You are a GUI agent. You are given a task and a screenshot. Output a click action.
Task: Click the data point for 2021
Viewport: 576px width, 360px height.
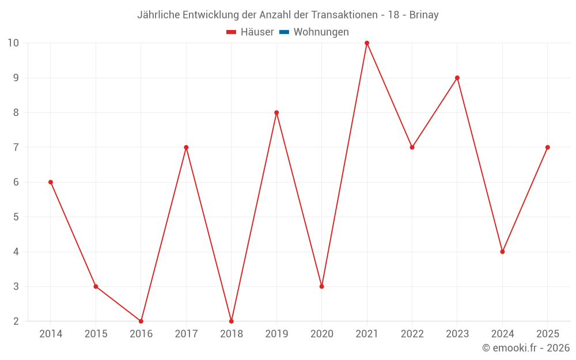367,43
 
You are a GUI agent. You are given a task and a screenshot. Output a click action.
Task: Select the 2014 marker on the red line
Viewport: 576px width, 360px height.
51,182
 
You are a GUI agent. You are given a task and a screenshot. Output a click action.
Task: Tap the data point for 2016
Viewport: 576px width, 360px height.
141,321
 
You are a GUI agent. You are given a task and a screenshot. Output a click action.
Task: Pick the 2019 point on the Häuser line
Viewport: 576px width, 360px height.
276,112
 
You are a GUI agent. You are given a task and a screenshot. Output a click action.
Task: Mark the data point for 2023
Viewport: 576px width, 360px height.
457,78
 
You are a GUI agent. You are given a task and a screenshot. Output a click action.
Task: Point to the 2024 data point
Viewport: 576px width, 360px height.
502,252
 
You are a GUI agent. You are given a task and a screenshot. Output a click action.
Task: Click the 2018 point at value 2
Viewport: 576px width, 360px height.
232,321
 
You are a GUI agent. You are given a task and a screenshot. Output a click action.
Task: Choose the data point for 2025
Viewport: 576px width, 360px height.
548,147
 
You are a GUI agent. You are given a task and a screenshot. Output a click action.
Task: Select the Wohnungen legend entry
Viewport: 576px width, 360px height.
321,32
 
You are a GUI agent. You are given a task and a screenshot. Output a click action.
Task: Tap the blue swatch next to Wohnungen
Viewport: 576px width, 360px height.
284,32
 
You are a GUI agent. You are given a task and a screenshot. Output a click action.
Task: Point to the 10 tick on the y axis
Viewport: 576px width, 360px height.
13,43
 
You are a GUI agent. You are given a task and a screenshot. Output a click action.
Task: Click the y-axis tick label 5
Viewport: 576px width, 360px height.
16,217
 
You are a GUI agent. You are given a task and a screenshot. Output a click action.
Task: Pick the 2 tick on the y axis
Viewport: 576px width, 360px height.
16,321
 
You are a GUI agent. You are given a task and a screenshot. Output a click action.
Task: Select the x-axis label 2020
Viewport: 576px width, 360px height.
322,334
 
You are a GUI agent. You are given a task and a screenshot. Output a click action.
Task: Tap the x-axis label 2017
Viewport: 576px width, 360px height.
186,334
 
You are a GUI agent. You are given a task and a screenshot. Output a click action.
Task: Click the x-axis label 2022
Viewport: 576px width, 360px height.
412,334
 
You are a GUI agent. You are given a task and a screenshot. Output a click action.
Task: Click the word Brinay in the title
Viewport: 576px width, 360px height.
424,15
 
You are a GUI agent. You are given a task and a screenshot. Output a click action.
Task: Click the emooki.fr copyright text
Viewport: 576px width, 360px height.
526,348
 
